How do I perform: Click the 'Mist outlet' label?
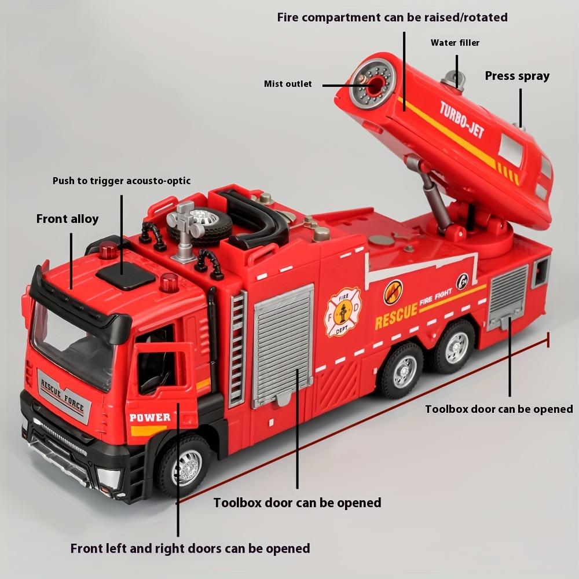point(288,84)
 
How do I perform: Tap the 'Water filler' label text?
point(455,43)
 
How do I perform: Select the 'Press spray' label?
point(517,76)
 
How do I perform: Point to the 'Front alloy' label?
point(67,219)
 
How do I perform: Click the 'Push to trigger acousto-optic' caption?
point(122,181)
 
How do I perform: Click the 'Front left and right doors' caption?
point(190,548)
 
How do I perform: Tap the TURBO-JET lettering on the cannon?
point(461,119)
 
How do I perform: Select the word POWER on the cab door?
point(150,417)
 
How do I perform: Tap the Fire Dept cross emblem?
point(342,312)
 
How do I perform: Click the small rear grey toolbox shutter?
point(508,297)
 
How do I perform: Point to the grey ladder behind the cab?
point(237,347)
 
